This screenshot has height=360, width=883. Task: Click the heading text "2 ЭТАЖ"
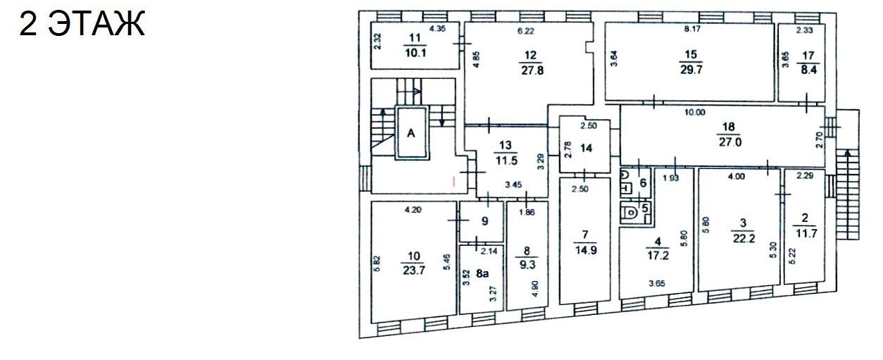(x=82, y=24)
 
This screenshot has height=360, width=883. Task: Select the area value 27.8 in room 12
(x=532, y=71)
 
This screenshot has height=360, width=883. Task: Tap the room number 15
(x=691, y=54)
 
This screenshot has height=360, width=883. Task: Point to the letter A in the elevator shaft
(x=411, y=133)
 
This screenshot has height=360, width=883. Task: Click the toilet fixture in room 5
(x=630, y=213)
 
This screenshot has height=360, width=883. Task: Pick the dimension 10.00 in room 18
(x=694, y=113)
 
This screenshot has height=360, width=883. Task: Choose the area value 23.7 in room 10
(x=414, y=271)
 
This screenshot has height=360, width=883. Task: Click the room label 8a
(x=482, y=273)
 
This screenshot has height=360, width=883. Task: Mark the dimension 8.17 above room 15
(x=692, y=29)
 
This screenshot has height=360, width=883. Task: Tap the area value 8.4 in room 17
(x=808, y=70)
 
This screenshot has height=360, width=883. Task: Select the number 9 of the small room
(x=485, y=221)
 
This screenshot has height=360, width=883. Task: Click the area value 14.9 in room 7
(x=586, y=250)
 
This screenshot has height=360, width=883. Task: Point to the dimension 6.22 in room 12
(x=525, y=31)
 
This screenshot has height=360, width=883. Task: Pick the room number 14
(x=587, y=148)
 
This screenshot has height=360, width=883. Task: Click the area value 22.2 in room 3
(x=744, y=239)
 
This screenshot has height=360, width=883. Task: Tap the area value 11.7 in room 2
(x=806, y=233)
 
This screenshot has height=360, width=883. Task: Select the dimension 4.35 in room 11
(x=437, y=28)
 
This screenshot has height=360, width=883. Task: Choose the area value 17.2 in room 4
(x=658, y=256)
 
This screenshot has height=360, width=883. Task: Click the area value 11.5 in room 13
(x=506, y=161)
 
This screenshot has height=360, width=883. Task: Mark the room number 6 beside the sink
(x=644, y=183)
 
